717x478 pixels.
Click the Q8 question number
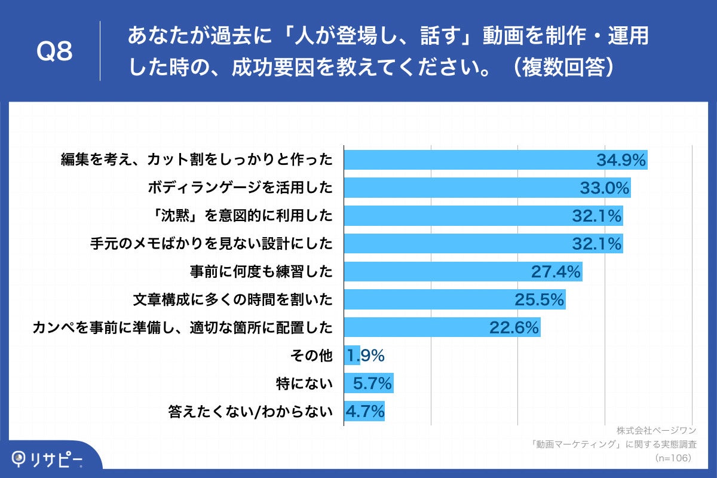coord(54,52)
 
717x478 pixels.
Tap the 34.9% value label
coord(621,160)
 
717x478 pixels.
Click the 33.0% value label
coord(605,188)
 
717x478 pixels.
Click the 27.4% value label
coord(556,272)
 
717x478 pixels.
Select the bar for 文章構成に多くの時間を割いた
coord(454,299)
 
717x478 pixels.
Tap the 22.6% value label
coord(514,327)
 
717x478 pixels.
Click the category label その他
coord(310,356)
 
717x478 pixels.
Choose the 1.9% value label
coord(364,356)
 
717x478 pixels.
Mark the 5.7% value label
coord(372,384)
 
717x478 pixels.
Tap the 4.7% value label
coord(364,412)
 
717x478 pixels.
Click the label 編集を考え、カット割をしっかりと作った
coord(197,160)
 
